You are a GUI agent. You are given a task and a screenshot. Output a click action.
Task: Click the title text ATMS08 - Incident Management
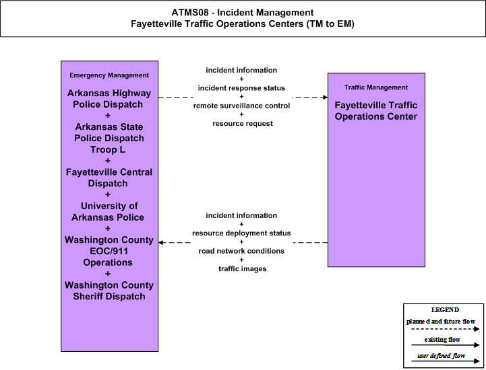coord(243,13)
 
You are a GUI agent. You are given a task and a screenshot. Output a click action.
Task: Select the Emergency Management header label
coord(109,75)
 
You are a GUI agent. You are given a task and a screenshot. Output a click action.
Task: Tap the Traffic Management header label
coord(376,87)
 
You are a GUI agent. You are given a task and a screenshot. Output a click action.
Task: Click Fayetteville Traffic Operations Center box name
coord(376,111)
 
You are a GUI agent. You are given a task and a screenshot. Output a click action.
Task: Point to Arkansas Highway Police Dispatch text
coord(109,99)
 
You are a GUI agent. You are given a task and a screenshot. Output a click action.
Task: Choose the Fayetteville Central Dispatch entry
coord(109,178)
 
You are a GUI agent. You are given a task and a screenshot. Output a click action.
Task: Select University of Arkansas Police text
coord(108,212)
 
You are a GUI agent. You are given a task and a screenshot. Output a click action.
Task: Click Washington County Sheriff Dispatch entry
coord(109,291)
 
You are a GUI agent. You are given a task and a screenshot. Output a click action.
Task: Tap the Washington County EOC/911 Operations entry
coord(109,251)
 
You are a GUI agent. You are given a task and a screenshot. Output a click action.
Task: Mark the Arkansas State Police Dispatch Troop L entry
coord(109,139)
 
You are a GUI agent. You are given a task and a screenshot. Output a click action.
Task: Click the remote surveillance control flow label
coord(241,106)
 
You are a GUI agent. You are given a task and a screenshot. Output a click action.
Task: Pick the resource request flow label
coord(243,123)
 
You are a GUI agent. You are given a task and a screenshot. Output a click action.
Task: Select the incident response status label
coord(241,88)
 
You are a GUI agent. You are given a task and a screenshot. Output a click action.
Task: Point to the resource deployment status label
coord(241,233)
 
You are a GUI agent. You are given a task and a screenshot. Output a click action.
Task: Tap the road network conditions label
coord(241,251)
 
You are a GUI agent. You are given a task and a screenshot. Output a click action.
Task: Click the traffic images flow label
coord(243,268)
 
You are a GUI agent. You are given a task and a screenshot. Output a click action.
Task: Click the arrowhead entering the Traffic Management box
coord(326,97)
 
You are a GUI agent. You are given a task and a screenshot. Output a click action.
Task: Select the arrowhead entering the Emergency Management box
coord(161,243)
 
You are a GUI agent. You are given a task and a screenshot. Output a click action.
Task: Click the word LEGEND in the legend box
coord(445,309)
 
